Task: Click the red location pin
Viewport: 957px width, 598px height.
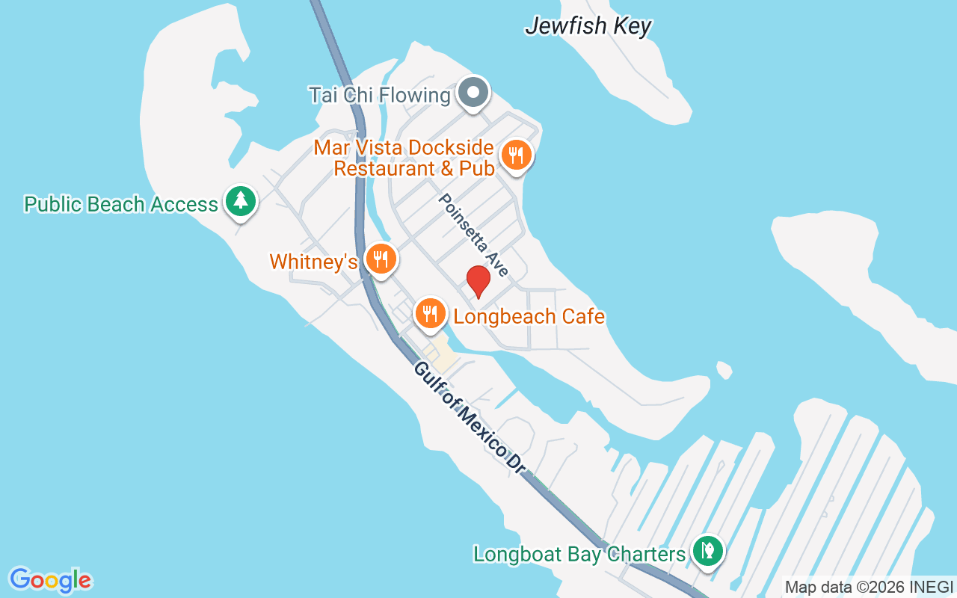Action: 478,282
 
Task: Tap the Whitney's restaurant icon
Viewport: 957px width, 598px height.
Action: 381,259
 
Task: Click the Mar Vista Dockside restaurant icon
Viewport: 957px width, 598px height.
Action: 516,155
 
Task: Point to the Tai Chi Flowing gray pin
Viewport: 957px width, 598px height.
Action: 473,93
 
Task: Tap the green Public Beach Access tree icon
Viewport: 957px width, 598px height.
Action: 240,200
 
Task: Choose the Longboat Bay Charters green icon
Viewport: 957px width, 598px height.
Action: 707,551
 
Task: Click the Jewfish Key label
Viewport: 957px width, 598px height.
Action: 588,26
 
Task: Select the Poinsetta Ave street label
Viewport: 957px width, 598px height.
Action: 473,235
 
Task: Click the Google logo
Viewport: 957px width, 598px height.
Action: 50,580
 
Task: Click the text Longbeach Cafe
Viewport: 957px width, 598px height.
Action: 529,316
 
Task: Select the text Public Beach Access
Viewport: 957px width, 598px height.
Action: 121,204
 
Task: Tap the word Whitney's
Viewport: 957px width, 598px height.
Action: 313,262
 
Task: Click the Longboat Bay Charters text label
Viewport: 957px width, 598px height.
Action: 579,555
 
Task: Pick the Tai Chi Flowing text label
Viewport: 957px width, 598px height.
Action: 379,96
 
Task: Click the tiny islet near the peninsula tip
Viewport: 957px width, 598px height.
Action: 724,369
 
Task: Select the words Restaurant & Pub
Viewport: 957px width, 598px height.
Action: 413,168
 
